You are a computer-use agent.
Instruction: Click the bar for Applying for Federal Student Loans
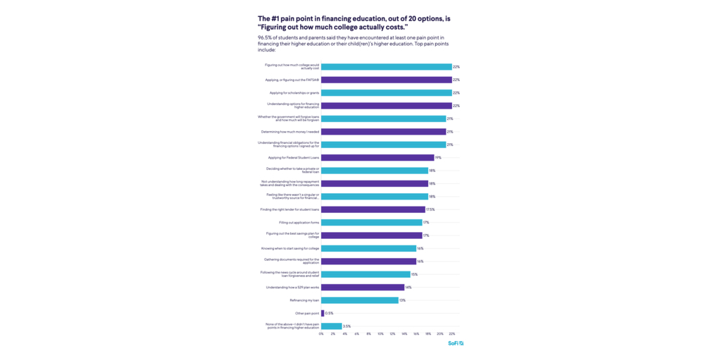coord(377,157)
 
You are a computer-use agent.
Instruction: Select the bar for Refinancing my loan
coord(360,300)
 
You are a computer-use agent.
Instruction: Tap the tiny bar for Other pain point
coord(322,313)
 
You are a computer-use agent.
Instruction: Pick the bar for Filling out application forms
coord(372,222)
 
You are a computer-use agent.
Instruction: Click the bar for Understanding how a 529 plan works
coord(363,287)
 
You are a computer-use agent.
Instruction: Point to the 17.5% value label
coord(430,209)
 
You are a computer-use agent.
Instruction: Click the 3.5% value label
coord(346,326)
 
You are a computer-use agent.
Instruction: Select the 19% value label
coord(438,157)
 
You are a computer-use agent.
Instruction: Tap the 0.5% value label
coord(329,313)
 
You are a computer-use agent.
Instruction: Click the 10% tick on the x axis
coord(380,334)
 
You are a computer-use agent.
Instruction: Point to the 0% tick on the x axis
coord(321,334)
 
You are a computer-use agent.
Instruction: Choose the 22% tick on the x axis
coord(451,334)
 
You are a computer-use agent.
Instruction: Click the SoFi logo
coord(456,343)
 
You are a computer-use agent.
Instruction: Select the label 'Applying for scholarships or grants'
coord(294,92)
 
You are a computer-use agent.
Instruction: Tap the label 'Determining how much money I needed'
coord(290,132)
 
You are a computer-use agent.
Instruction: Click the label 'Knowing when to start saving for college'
coord(290,248)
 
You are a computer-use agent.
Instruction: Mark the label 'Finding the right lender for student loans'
coord(289,209)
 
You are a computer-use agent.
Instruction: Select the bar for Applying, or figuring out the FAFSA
coord(387,80)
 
